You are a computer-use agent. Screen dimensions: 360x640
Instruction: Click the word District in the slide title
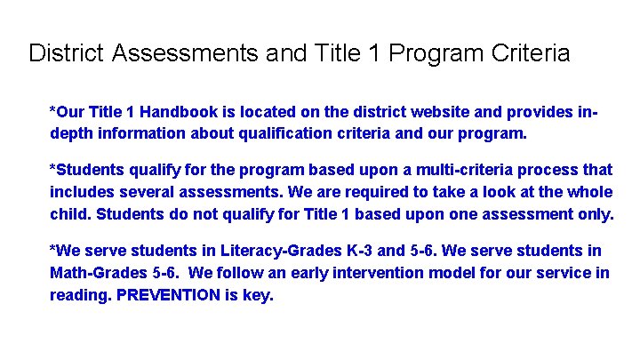(x=67, y=53)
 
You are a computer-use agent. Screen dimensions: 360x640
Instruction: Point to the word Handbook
(x=176, y=113)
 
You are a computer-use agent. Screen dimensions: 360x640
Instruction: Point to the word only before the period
(x=594, y=214)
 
